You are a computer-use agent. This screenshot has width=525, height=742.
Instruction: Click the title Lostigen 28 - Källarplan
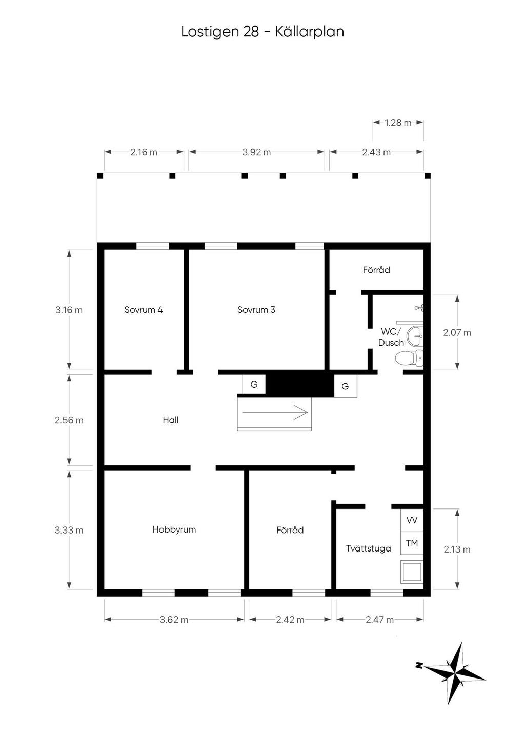(262, 32)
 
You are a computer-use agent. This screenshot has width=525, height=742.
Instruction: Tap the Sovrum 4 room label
(144, 310)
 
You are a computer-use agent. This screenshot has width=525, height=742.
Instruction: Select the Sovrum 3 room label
(256, 310)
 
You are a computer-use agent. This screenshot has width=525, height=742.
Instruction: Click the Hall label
(171, 420)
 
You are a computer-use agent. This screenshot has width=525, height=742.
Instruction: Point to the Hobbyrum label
(174, 529)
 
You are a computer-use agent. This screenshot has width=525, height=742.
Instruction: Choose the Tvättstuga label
(368, 548)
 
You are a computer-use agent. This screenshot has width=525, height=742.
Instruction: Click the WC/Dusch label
(391, 337)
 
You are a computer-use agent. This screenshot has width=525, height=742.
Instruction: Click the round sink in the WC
(415, 337)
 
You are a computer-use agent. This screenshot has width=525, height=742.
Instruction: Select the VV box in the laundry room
(412, 520)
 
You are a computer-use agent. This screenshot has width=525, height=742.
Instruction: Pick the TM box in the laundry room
(412, 543)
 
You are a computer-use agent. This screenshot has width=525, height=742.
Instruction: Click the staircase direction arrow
(275, 412)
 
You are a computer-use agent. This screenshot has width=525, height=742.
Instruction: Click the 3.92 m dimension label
(256, 152)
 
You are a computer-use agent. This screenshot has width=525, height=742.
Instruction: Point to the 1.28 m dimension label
(398, 123)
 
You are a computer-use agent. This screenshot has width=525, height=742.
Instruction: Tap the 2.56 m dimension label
(69, 420)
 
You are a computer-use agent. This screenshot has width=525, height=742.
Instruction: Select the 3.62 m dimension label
(174, 620)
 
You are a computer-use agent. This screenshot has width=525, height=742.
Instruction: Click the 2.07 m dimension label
(457, 333)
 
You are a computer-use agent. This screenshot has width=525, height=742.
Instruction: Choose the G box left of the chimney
(254, 385)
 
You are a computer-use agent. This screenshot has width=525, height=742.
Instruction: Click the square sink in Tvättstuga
(412, 571)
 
